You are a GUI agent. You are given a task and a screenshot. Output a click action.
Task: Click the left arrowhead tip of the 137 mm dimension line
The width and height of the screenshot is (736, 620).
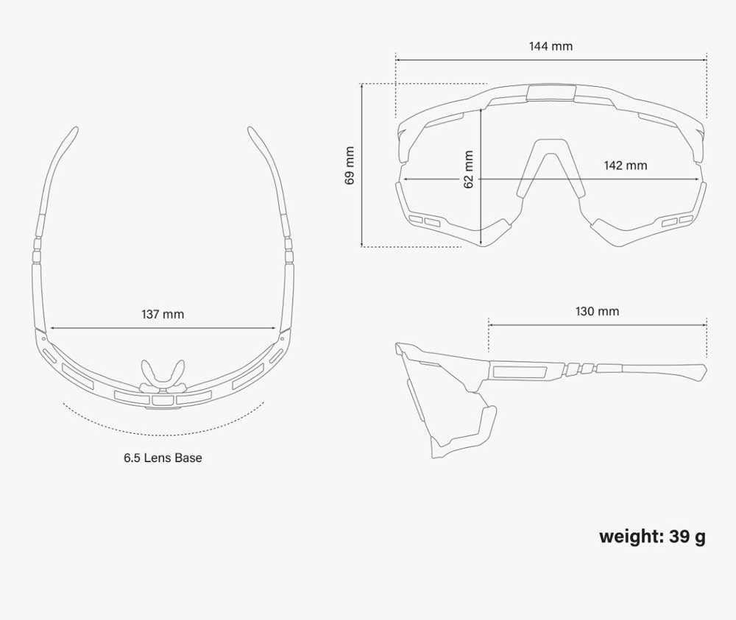pyautogui.click(x=50, y=328)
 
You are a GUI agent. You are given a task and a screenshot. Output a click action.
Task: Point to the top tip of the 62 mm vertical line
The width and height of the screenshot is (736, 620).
pyautogui.click(x=481, y=110)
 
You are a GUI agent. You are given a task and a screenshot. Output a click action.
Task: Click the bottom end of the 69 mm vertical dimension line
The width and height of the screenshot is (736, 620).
pyautogui.click(x=362, y=246)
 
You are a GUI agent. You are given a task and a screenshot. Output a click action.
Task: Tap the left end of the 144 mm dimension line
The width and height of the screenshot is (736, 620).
pyautogui.click(x=396, y=60)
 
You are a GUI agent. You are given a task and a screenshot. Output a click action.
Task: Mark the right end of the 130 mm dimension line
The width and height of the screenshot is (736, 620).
pyautogui.click(x=707, y=324)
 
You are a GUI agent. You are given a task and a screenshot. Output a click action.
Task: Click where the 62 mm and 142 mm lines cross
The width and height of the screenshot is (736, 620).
pyautogui.click(x=481, y=179)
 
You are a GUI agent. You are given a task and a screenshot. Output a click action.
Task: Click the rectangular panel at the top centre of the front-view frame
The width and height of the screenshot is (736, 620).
pyautogui.click(x=551, y=93)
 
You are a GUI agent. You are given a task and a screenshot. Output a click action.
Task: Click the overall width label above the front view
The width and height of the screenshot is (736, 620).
pyautogui.click(x=551, y=46)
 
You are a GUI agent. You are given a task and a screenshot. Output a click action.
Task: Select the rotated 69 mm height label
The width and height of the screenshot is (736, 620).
pyautogui.click(x=350, y=165)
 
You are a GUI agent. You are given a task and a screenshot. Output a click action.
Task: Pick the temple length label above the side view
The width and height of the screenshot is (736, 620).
pyautogui.click(x=597, y=311)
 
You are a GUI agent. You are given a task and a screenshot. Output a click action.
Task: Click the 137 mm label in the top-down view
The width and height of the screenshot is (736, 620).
pyautogui.click(x=163, y=314)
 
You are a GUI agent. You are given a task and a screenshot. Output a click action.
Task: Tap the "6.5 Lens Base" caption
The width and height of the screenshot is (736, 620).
pyautogui.click(x=163, y=457)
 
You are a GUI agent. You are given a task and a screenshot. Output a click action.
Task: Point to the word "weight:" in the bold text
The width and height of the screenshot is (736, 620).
pyautogui.click(x=631, y=537)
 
